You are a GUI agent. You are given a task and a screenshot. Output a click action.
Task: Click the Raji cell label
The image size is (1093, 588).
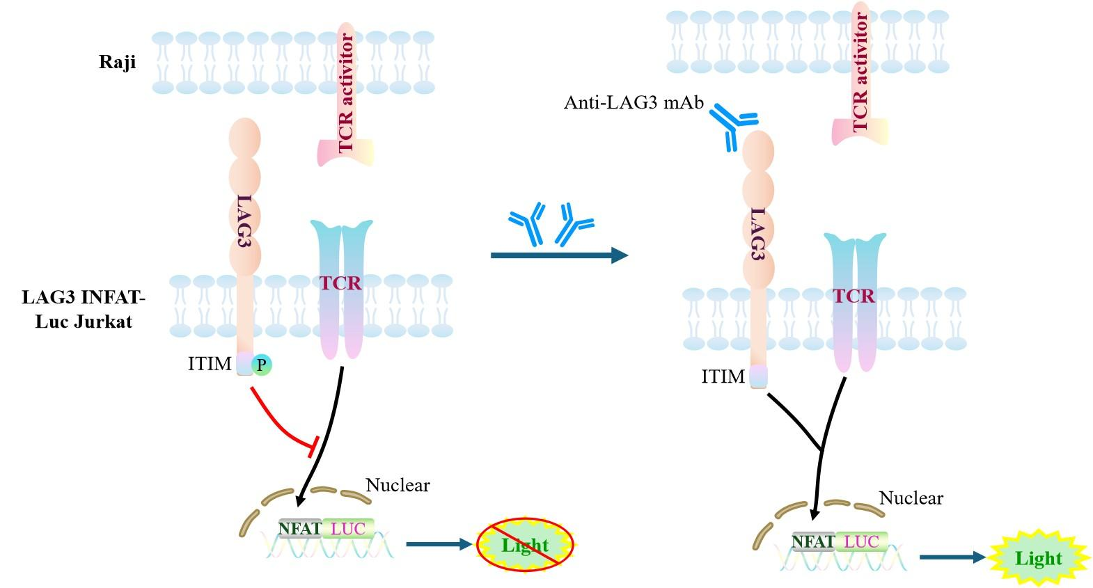[x=117, y=62]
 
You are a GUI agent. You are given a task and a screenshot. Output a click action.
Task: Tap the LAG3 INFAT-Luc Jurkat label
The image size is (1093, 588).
[x=84, y=309]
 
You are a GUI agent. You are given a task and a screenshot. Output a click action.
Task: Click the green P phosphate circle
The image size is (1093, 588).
[x=261, y=364]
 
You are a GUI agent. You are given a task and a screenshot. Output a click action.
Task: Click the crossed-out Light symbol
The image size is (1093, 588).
[x=525, y=545]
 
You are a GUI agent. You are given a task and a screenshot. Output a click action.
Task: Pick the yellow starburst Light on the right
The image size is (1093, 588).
[x=1038, y=558]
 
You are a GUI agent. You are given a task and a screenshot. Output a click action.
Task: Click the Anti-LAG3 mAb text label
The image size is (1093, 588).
[x=634, y=103]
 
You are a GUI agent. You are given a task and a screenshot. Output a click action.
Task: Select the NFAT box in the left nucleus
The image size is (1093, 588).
[x=299, y=529]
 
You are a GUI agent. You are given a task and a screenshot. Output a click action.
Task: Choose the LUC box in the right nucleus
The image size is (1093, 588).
[x=862, y=541]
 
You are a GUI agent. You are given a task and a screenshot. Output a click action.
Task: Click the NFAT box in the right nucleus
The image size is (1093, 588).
[x=813, y=541]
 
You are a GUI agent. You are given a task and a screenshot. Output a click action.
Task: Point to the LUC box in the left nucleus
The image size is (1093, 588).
[x=348, y=529]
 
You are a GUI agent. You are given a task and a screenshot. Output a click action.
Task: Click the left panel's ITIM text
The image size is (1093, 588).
[x=210, y=363]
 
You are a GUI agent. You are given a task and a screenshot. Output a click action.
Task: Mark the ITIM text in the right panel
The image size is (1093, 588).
[x=723, y=376]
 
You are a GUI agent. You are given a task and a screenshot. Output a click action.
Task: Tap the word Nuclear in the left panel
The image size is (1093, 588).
[x=398, y=485]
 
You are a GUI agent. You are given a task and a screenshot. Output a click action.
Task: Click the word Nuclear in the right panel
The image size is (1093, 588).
[x=911, y=498]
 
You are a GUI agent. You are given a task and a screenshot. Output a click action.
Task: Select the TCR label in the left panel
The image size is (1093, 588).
[x=340, y=283]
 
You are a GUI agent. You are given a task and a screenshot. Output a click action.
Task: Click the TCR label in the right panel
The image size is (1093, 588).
[x=854, y=296]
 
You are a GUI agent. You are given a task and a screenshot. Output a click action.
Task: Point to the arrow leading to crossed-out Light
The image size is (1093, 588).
[x=439, y=543]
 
